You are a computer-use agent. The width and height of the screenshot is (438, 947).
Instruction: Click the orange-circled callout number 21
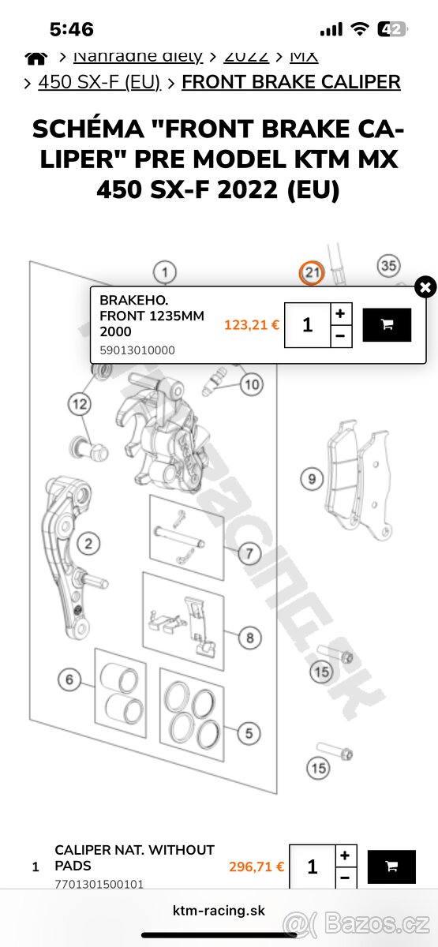point(312,273)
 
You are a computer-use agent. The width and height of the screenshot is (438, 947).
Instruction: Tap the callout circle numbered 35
point(387,267)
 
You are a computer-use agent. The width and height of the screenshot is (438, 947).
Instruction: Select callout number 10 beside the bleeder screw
point(251,385)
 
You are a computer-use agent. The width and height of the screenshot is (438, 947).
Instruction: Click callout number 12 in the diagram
point(80,405)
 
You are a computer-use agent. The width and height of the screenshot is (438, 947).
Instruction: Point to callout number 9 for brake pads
point(312,478)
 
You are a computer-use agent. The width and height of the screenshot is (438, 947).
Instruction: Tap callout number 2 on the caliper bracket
point(88,543)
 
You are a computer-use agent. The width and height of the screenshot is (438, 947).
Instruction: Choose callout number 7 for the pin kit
point(248,553)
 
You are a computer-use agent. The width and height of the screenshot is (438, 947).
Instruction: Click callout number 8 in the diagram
point(249,637)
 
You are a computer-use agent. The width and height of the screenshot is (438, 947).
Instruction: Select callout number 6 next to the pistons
point(69,679)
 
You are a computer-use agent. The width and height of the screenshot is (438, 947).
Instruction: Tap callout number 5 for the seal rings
point(248,733)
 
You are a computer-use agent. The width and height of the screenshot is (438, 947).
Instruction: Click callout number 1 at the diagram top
point(164,273)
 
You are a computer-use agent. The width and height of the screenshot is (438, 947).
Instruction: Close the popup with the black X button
point(425,287)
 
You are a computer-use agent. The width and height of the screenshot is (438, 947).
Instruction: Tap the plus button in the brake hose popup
point(339,313)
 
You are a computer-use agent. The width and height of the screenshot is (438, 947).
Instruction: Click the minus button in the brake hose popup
point(339,335)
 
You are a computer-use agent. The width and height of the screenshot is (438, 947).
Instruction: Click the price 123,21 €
point(252,324)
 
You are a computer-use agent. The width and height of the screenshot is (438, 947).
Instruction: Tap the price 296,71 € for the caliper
point(256,867)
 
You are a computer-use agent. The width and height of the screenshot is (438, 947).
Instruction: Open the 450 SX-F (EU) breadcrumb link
point(99,82)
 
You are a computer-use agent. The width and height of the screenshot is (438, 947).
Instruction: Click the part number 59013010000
point(137,350)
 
